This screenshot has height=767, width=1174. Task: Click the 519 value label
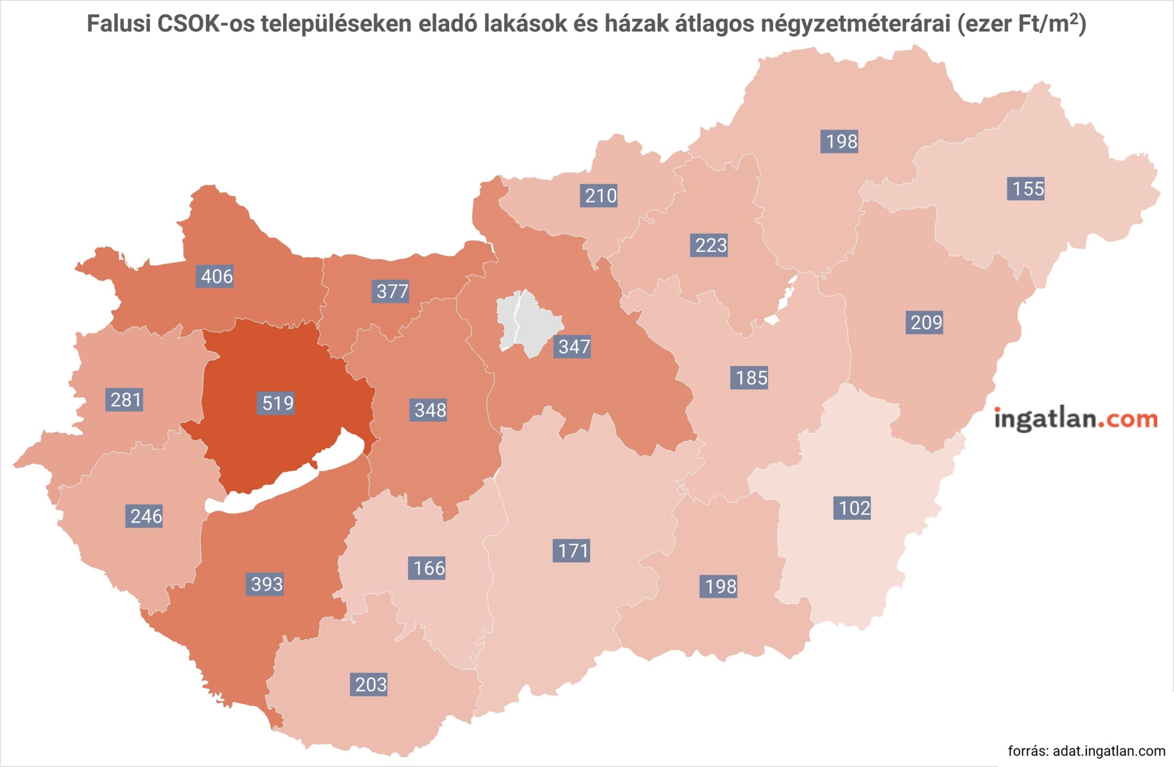(278, 403)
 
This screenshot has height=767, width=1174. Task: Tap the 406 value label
(216, 276)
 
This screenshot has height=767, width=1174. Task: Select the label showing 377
(392, 292)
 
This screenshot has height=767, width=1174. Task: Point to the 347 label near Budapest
(574, 347)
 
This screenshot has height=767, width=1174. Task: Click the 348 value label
(430, 410)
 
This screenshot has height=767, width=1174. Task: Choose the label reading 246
(146, 516)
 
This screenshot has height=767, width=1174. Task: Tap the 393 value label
(267, 585)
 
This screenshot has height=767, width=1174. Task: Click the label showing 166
(429, 568)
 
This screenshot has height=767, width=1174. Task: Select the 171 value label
(573, 551)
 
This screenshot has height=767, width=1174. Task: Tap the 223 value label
(711, 245)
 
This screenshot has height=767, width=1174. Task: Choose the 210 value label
(600, 196)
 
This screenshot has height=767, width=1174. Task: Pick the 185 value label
(751, 378)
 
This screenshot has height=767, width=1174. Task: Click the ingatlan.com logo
(1075, 419)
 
